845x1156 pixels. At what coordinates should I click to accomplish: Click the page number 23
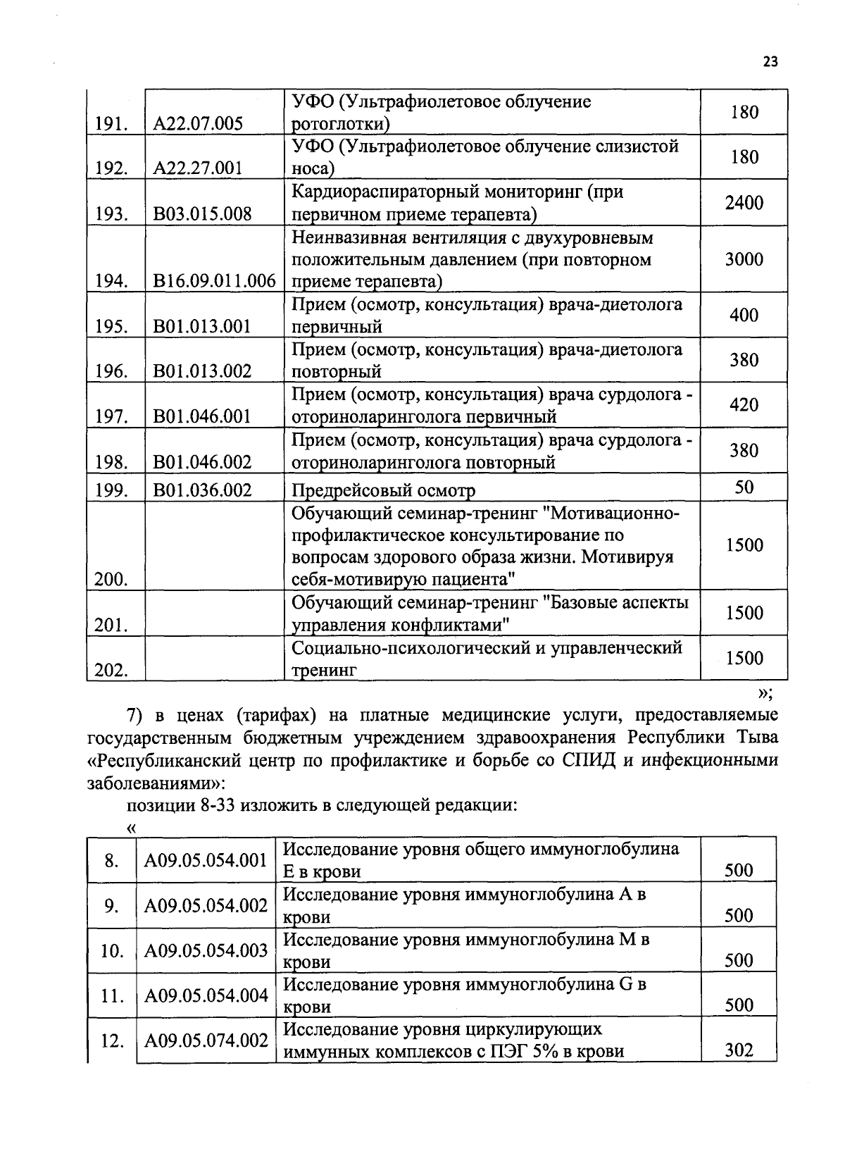770,62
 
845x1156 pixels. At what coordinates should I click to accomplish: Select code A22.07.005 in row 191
198,124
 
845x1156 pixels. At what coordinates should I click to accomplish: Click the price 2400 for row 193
744,203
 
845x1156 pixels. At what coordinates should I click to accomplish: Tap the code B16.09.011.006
214,281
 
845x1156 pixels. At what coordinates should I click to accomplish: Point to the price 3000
744,259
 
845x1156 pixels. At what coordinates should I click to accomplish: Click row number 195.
111,327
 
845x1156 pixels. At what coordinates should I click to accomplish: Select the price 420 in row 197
744,405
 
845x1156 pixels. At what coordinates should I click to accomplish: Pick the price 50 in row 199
744,487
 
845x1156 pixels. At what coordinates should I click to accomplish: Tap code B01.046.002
202,462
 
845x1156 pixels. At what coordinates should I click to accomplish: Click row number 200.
111,580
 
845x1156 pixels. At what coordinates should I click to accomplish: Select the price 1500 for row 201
744,613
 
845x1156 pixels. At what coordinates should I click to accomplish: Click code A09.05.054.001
206,859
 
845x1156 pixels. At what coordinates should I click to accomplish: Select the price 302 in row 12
739,1051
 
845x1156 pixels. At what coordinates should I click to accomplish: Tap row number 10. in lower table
111,951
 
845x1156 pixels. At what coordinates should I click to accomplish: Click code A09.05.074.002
206,1040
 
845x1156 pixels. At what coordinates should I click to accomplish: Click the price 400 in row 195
744,315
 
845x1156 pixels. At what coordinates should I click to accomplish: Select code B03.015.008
202,214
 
